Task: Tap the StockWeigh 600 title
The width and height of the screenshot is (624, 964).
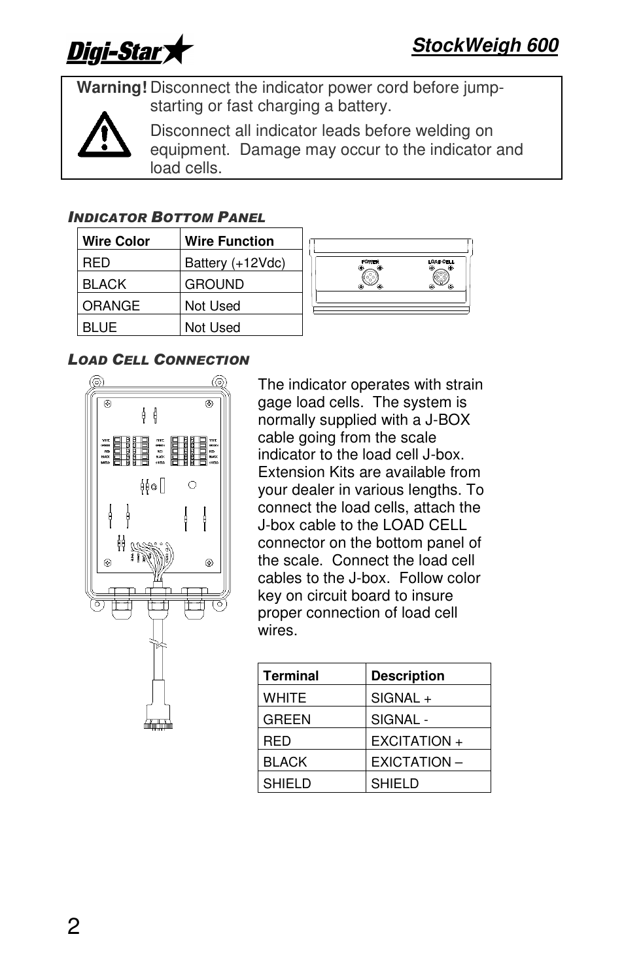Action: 485,46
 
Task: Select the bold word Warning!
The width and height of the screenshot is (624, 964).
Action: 112,88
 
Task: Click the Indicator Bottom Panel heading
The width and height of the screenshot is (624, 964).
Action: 167,218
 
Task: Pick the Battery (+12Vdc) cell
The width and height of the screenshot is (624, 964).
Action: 235,263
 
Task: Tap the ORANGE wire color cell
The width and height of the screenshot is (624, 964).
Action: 111,306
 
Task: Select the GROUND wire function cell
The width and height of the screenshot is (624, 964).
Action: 214,284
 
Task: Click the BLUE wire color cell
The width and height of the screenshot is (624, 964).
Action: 100,327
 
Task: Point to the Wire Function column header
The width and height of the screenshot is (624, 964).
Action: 229,241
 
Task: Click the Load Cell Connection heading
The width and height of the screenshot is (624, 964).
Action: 159,360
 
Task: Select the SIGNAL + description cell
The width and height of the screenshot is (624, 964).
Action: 401,698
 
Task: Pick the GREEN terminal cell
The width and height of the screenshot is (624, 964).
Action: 287,720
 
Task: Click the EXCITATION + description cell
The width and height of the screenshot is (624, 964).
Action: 417,741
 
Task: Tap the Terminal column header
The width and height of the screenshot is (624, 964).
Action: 291,676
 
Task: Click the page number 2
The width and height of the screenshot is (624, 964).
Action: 73,926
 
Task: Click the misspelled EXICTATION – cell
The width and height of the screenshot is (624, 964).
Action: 417,762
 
